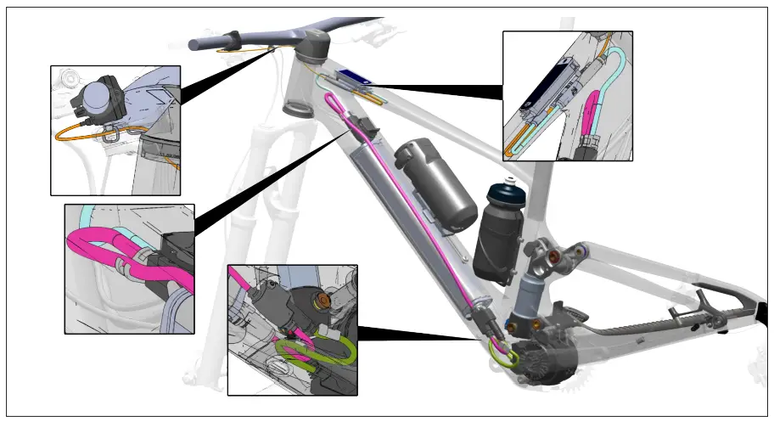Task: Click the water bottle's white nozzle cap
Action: click(510, 181)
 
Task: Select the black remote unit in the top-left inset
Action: click(99, 98)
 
